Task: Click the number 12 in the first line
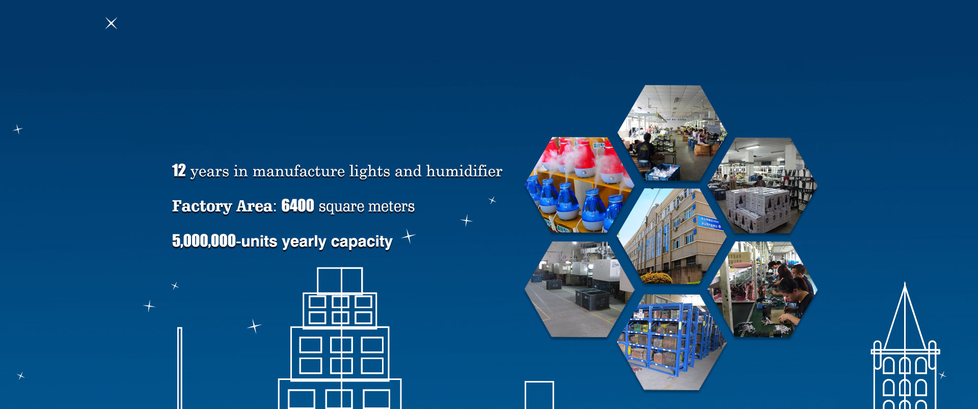pyautogui.click(x=179, y=171)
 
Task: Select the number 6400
pyautogui.click(x=297, y=206)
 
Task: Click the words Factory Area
pyautogui.click(x=222, y=206)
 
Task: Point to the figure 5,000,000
pyautogui.click(x=204, y=241)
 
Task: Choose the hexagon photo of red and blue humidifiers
pyautogui.click(x=579, y=185)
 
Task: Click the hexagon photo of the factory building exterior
pyautogui.click(x=672, y=236)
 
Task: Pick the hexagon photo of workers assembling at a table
pyautogui.click(x=763, y=289)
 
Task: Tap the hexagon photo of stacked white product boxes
pyautogui.click(x=763, y=185)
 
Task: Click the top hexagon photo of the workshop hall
pyautogui.click(x=672, y=133)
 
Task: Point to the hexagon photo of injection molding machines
pyautogui.click(x=579, y=289)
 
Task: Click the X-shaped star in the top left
pyautogui.click(x=111, y=23)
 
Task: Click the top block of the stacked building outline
pyautogui.click(x=340, y=281)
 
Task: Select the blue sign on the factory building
pyautogui.click(x=710, y=223)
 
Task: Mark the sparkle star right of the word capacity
pyautogui.click(x=409, y=236)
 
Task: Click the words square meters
pyautogui.click(x=367, y=207)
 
